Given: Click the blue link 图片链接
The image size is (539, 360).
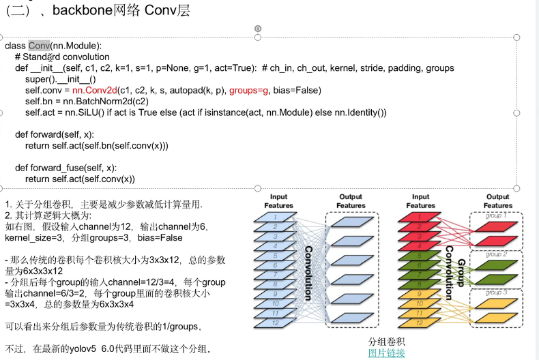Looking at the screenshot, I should coord(386,352).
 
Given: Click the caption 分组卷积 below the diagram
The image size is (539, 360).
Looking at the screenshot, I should coord(386,341).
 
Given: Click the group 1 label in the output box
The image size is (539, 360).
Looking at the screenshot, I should coord(496,215).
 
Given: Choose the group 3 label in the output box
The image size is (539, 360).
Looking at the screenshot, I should coord(496,292).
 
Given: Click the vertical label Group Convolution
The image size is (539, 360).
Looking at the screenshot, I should coord(453,270).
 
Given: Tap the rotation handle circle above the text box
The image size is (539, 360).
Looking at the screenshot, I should coord(258,29).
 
